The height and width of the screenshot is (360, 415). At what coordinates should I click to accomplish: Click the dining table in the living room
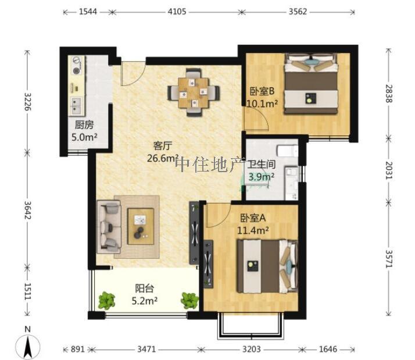click(x=194, y=92)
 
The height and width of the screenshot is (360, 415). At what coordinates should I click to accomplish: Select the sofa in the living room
click(x=108, y=226)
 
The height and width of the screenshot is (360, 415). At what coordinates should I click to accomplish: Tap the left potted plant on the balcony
click(x=106, y=301)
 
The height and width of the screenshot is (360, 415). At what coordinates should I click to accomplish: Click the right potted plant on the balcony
click(x=189, y=300)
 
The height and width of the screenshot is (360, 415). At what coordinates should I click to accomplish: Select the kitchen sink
click(x=76, y=105)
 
